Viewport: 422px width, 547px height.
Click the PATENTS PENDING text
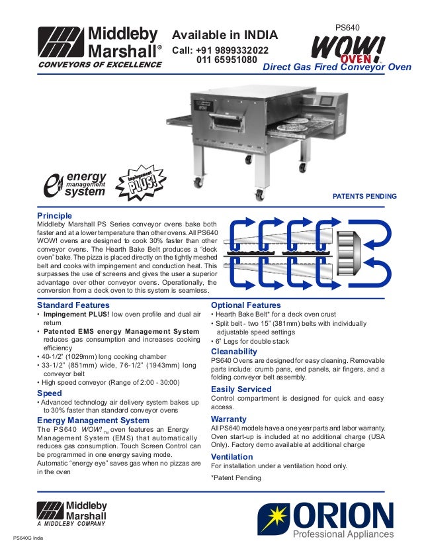click(x=364, y=197)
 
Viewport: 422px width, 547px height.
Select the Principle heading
click(x=54, y=216)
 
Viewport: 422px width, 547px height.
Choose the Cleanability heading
click(x=233, y=351)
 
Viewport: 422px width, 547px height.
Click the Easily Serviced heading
click(x=241, y=389)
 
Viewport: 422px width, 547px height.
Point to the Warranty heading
click(x=228, y=419)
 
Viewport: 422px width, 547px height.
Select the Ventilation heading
click(x=232, y=457)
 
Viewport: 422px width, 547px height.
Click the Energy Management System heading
click(x=93, y=420)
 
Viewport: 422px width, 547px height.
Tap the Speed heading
click(x=49, y=393)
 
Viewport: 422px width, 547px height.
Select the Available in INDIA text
click(x=225, y=35)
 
